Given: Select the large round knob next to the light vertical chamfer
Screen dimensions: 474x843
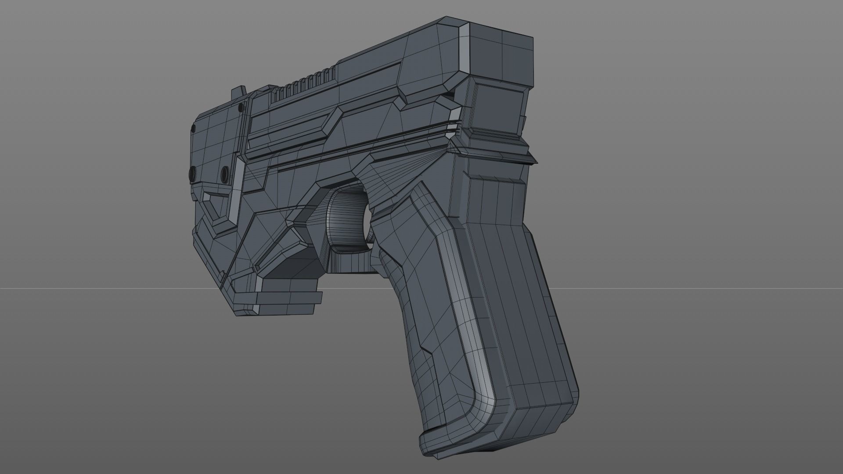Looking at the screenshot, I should [225, 172].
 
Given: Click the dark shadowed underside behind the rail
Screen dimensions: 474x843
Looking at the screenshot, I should [292, 268].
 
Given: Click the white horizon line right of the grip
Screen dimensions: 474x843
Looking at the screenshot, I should [702, 288].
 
